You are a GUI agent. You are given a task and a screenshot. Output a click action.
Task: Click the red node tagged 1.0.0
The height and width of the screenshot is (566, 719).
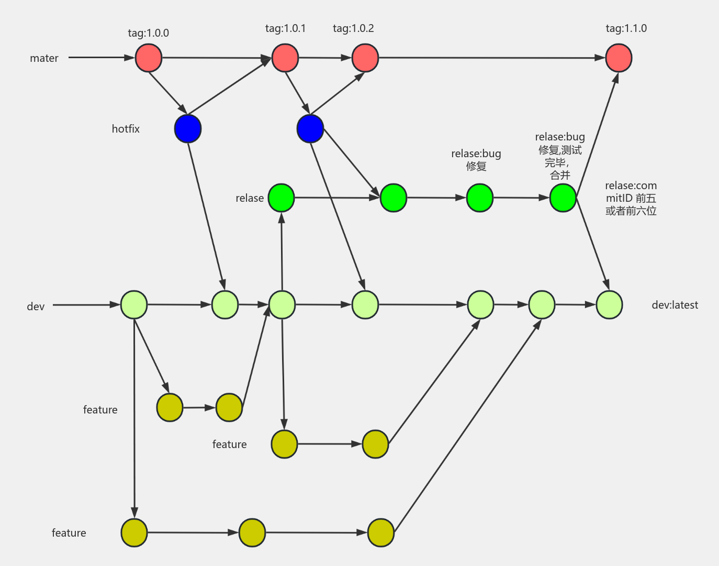click(149, 58)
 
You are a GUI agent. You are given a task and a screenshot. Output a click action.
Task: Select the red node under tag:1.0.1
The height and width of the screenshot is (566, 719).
click(285, 58)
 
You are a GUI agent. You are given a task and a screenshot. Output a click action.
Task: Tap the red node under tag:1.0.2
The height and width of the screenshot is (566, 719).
click(365, 58)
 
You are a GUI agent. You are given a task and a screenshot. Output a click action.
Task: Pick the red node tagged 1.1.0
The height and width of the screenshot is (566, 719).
click(619, 58)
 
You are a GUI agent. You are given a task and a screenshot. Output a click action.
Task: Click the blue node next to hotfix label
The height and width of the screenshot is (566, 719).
click(188, 129)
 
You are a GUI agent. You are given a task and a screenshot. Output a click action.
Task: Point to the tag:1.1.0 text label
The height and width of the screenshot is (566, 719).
click(626, 28)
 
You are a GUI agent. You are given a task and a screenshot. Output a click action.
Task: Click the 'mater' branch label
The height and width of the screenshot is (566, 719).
click(44, 58)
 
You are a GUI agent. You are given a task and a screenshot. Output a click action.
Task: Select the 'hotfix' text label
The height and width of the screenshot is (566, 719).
click(126, 129)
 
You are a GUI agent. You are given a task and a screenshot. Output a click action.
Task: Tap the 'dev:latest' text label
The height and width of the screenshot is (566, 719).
click(675, 305)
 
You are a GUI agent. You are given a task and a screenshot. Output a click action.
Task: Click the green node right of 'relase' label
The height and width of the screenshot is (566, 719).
click(282, 198)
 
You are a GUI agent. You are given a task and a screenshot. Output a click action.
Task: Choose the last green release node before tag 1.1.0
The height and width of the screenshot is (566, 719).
click(563, 198)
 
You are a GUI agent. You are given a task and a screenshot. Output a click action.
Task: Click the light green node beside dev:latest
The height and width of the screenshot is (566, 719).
click(609, 305)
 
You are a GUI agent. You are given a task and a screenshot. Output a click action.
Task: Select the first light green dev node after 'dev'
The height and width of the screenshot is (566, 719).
click(134, 305)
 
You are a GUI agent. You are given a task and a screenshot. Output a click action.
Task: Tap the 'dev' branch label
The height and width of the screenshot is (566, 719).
click(36, 307)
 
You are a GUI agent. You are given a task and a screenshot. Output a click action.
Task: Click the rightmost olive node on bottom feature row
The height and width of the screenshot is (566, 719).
click(381, 533)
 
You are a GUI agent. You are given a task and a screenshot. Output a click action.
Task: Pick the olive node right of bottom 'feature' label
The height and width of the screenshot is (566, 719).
click(134, 533)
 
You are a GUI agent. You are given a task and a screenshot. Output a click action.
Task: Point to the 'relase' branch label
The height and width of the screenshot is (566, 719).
click(250, 198)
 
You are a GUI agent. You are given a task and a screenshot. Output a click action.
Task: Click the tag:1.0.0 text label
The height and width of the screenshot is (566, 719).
click(148, 33)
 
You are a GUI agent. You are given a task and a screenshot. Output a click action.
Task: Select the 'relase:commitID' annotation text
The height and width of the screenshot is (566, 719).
click(631, 198)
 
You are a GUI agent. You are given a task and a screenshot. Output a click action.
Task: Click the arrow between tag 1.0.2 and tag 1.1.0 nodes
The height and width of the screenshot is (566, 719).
click(492, 58)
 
